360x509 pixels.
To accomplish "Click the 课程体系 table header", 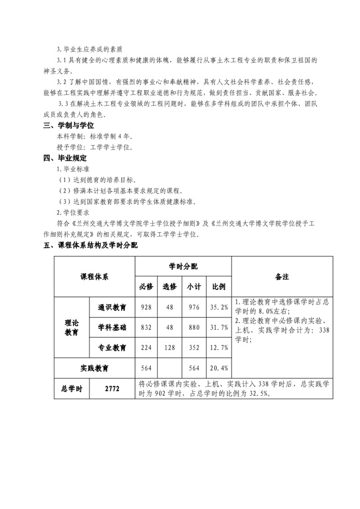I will point(94,276).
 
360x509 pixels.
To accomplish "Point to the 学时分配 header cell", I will point(183,266).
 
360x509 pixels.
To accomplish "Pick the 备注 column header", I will point(282,276).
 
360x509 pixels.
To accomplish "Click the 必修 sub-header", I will point(146,287).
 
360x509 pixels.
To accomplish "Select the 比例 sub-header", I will point(219,287).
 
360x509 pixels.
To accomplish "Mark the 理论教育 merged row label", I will point(72,328).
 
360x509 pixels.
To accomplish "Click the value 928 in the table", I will point(146,307).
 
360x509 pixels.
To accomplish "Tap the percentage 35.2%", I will point(219,307).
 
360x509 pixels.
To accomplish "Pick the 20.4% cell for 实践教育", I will point(219,368).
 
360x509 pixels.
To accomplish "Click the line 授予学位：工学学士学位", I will point(94,147).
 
